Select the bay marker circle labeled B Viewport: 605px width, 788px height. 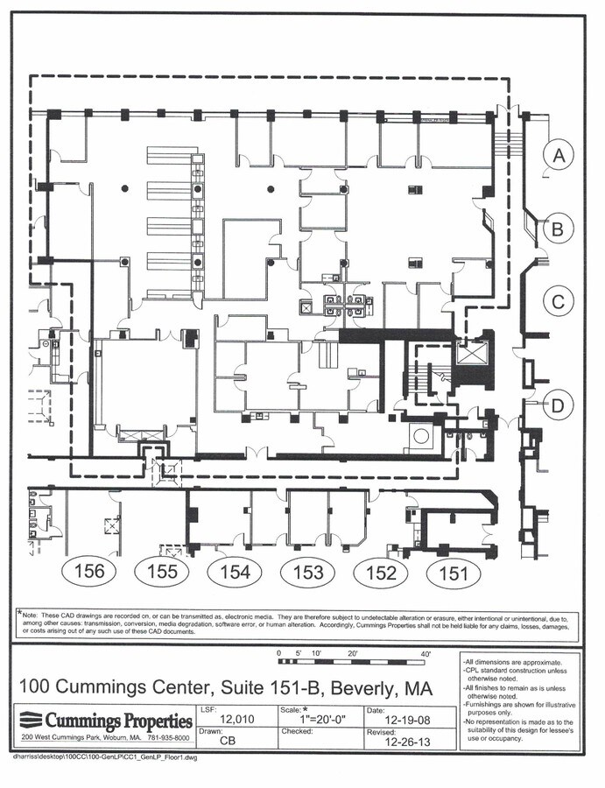(557, 230)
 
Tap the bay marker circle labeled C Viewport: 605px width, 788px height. (557, 303)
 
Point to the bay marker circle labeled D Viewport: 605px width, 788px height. (557, 405)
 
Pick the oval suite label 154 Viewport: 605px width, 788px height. (235, 573)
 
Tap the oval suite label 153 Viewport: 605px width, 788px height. (308, 573)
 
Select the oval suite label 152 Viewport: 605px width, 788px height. (381, 573)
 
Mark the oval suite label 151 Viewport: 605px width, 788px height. (454, 573)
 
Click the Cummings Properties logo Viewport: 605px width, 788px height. (106, 721)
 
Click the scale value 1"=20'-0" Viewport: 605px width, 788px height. (326, 720)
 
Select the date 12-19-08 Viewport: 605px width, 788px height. (409, 720)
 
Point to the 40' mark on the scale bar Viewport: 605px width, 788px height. (426, 653)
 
